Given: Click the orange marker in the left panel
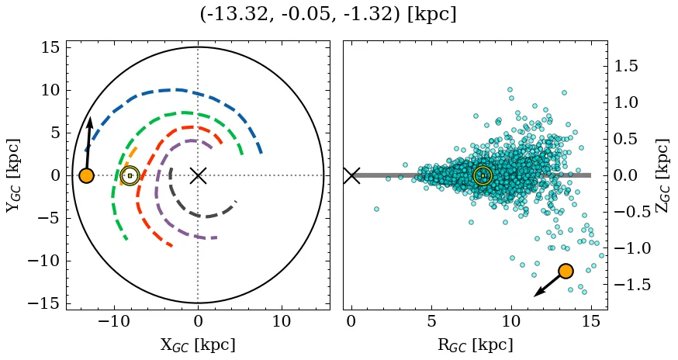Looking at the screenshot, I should (x=86, y=175).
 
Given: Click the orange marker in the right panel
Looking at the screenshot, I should (x=566, y=271).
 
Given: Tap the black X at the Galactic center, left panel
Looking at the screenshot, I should (x=198, y=175).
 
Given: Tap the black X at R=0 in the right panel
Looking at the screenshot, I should (x=351, y=175).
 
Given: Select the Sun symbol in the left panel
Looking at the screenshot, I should (x=130, y=175).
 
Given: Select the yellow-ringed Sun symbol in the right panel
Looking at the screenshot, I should (x=483, y=175).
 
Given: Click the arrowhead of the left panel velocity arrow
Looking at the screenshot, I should (x=90, y=123).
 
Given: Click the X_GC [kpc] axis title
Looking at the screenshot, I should (x=197, y=344).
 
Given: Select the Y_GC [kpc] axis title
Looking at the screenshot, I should (x=13, y=175).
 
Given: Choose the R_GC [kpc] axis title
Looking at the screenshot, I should (x=475, y=344).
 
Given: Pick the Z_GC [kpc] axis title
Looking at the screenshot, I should (x=662, y=175).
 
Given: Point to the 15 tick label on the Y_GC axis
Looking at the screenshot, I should (x=49, y=48).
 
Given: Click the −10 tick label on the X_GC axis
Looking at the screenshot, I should (x=115, y=321).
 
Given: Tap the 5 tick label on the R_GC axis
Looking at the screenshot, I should (x=431, y=321).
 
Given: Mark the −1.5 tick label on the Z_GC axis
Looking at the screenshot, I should (x=631, y=285).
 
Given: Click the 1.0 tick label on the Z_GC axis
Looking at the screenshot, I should (x=631, y=102).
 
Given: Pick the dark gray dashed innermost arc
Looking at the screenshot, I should (x=200, y=215).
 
